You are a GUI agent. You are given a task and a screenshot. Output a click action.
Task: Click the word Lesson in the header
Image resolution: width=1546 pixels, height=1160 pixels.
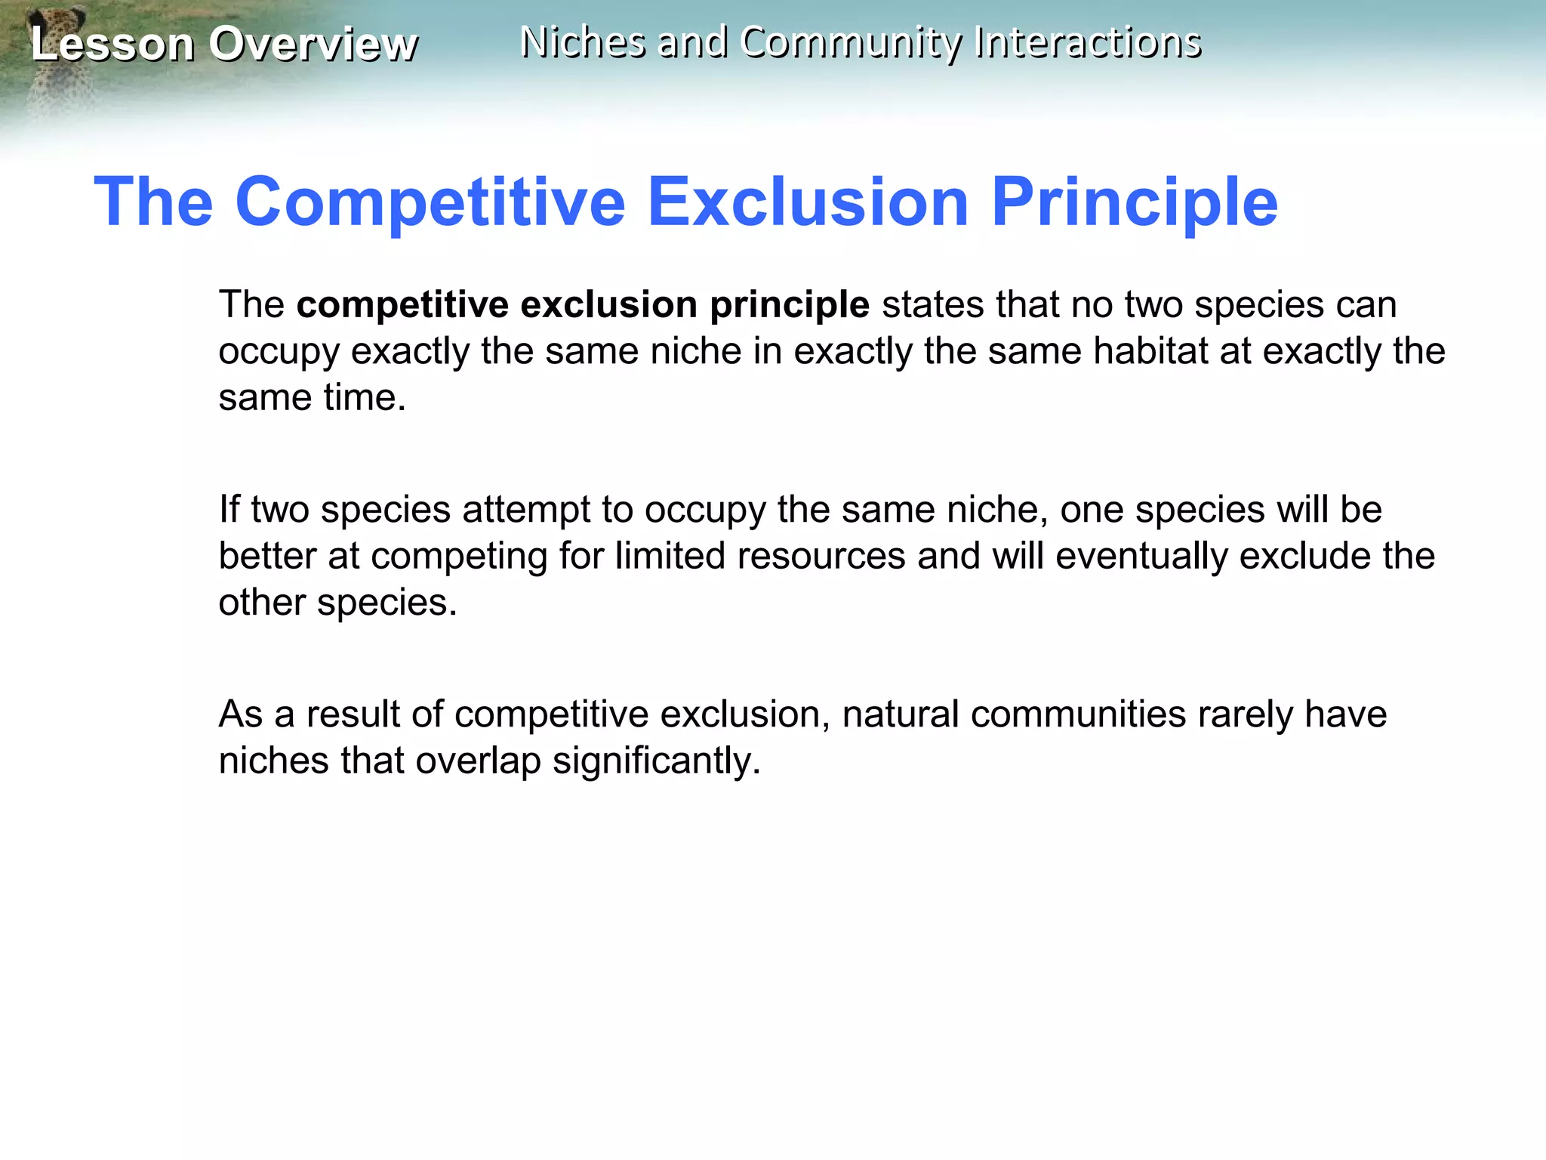point(112,44)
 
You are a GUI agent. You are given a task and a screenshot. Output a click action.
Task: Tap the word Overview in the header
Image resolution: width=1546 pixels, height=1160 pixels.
point(313,44)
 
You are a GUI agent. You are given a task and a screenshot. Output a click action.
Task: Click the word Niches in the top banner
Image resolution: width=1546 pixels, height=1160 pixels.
point(582,42)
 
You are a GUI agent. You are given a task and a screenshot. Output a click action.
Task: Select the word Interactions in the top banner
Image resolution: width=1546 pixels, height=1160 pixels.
point(1087,42)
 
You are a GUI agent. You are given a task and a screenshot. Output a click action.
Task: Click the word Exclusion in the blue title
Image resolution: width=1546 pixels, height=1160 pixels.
point(808,202)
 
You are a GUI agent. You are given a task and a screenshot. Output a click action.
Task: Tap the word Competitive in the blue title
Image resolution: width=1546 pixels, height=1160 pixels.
point(430,202)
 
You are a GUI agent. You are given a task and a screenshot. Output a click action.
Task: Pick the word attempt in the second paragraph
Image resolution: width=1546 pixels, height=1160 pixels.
point(526,510)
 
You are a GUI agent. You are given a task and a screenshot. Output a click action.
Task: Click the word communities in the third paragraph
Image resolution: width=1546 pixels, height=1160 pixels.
point(1078,714)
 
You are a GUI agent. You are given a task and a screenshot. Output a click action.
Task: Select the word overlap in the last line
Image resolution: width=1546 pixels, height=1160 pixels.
point(478,761)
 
